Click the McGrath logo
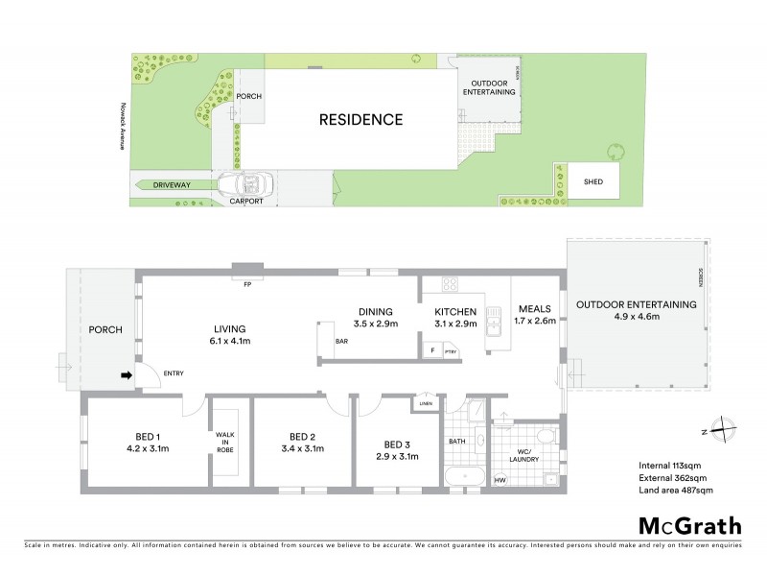coord(689,525)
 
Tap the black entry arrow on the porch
coord(125,376)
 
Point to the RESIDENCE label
coord(360,120)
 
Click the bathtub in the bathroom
coord(467,477)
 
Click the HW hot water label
coord(500,480)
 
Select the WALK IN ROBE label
coord(224,441)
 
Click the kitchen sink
coord(495,324)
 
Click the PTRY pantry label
coord(449,352)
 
